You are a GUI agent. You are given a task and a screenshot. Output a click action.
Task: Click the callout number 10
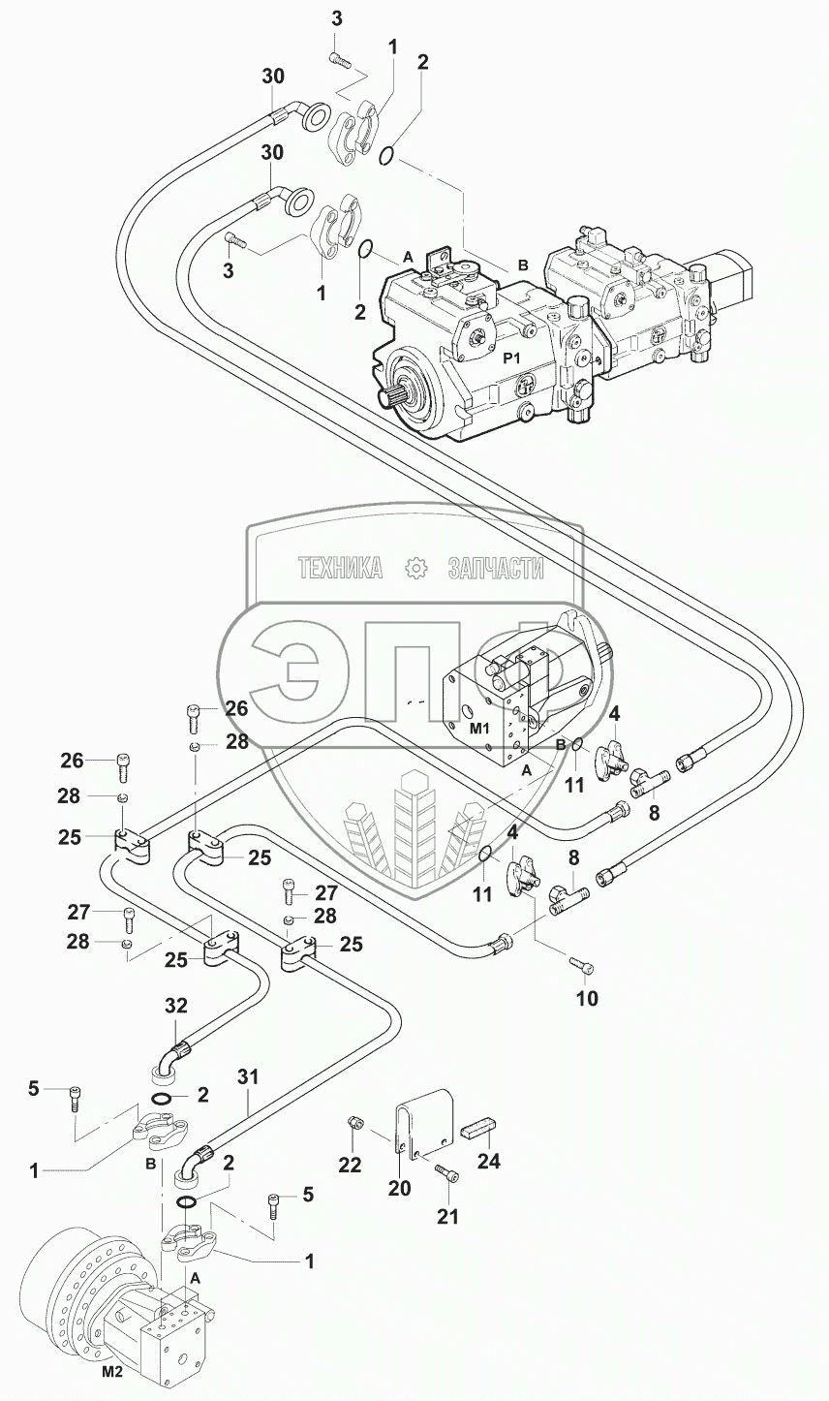[x=589, y=997]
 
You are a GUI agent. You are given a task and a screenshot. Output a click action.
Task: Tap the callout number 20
[x=399, y=1189]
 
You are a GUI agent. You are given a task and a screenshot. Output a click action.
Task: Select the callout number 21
[x=448, y=1216]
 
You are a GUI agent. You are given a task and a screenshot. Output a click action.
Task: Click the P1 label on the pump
[x=512, y=357]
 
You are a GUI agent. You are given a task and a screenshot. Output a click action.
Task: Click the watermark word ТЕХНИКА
[x=341, y=568]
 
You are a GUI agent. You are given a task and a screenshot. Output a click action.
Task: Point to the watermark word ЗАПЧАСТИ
[x=495, y=568]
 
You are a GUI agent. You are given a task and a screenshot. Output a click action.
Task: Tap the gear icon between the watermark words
[x=416, y=568]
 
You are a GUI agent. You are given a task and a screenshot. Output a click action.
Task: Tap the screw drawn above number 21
[x=446, y=1174]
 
